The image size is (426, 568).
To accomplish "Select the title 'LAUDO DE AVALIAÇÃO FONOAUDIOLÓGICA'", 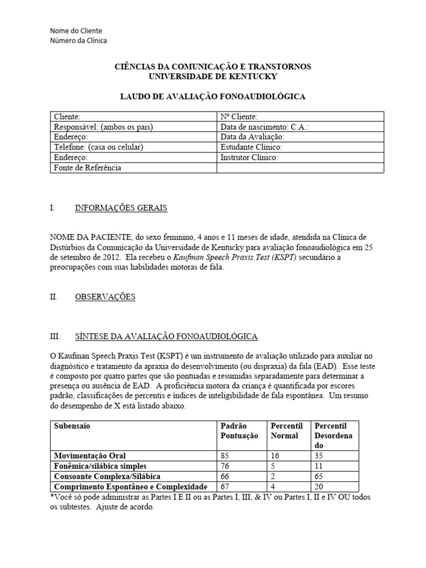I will [x=212, y=97].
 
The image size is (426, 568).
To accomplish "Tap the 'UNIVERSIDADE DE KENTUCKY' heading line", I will [x=212, y=76].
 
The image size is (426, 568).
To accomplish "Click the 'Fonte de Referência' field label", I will [x=87, y=168].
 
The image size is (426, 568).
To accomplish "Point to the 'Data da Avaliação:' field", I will [x=252, y=136].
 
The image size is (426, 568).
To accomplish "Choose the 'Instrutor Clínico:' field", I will [x=249, y=158].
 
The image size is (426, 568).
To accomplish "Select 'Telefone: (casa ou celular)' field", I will [x=98, y=147].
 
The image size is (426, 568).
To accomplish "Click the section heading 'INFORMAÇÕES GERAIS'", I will [x=121, y=208].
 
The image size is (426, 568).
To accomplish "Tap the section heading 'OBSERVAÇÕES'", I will [x=105, y=297].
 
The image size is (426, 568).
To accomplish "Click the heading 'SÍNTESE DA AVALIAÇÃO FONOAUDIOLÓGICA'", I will [x=166, y=336].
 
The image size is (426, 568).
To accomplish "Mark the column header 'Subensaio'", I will [x=72, y=426].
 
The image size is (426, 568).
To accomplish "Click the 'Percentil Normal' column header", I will [x=286, y=430].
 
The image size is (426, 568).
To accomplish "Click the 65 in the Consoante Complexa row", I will [x=319, y=476].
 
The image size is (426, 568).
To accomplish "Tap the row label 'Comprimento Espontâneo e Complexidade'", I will [x=130, y=486].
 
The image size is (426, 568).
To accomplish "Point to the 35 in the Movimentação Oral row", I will [x=319, y=456].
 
